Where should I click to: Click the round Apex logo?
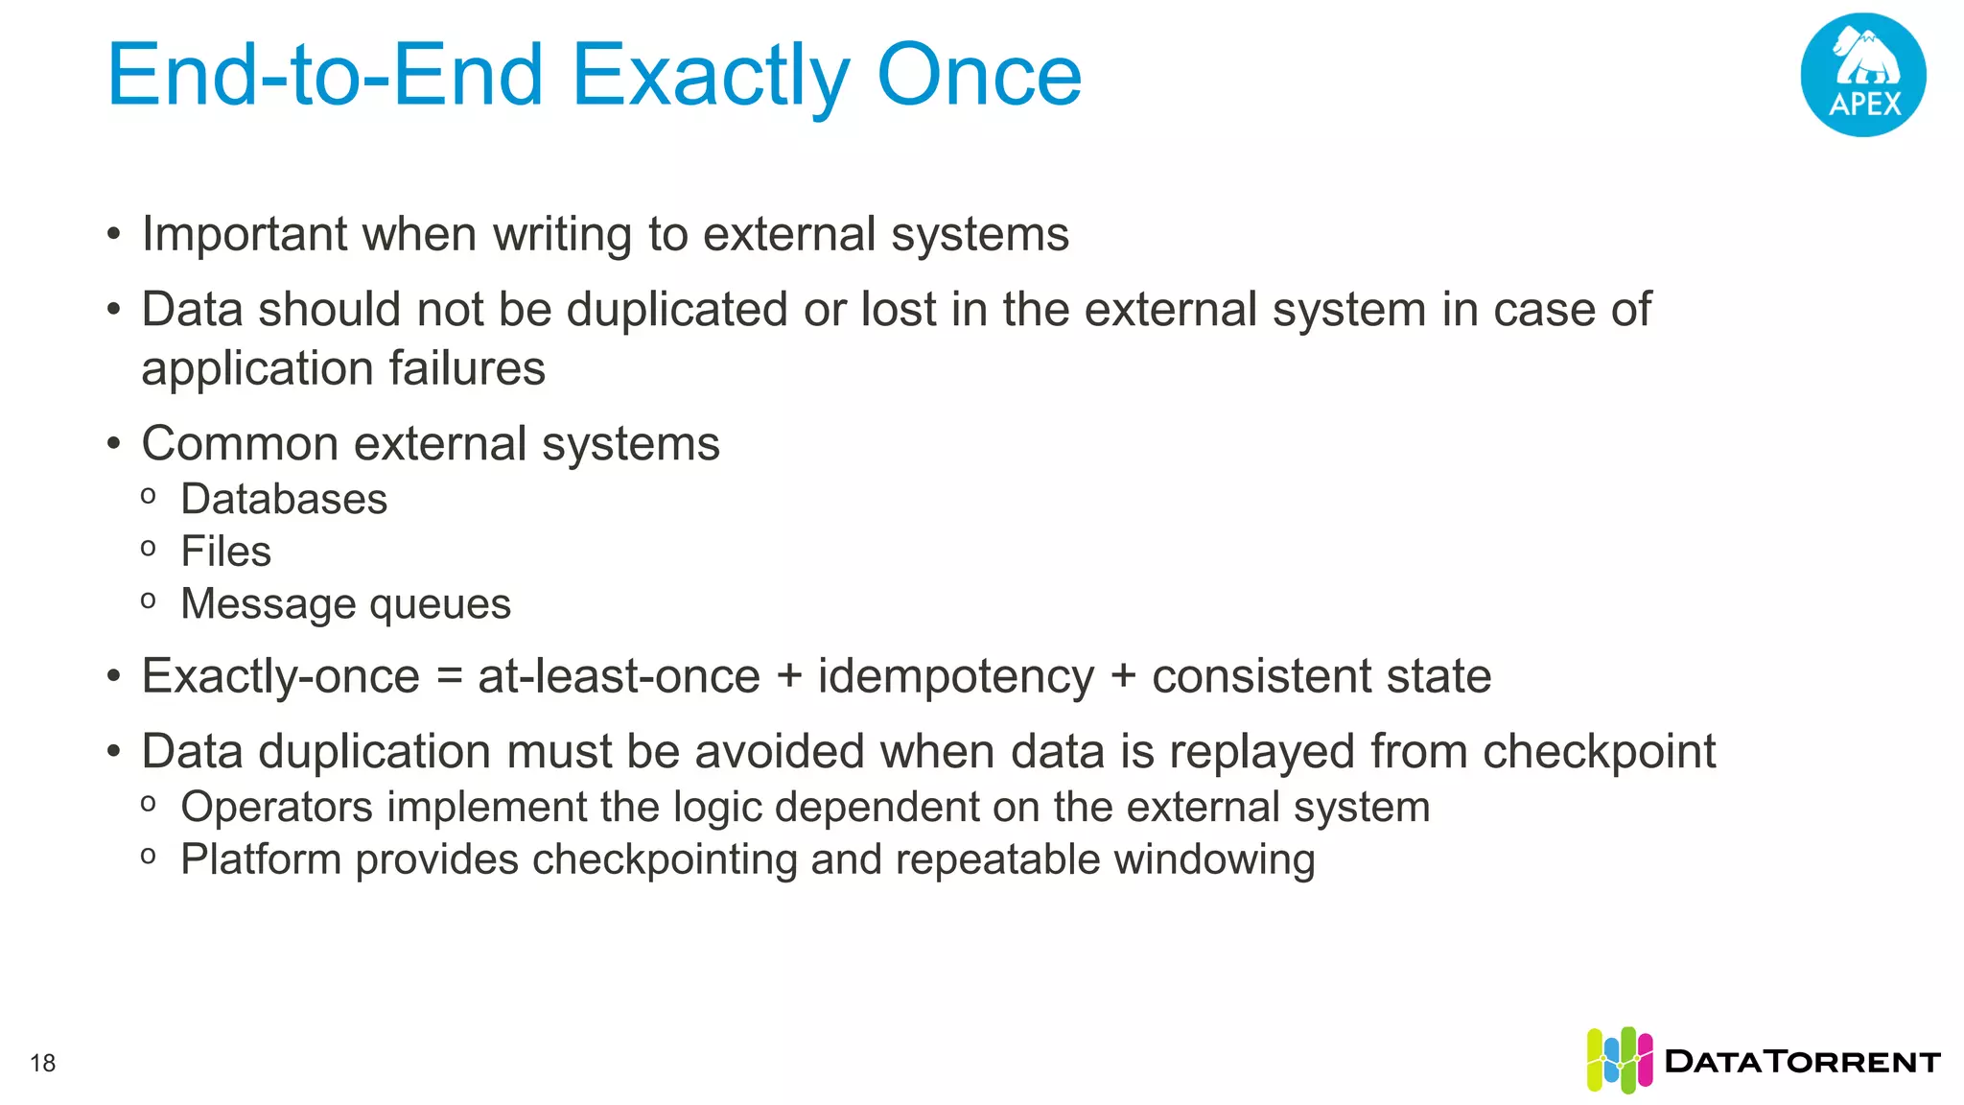1862,75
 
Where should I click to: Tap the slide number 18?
43,1063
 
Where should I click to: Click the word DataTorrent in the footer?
1803,1062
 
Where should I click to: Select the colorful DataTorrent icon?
1619,1060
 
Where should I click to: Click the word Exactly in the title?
711,77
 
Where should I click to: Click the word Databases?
284,500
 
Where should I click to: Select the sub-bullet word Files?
226,552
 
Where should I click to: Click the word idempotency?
955,677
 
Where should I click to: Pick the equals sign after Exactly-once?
449,677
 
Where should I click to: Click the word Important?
244,235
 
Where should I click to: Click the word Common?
240,444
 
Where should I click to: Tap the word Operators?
276,808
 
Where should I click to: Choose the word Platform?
261,859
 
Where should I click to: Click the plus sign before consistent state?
1123,677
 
